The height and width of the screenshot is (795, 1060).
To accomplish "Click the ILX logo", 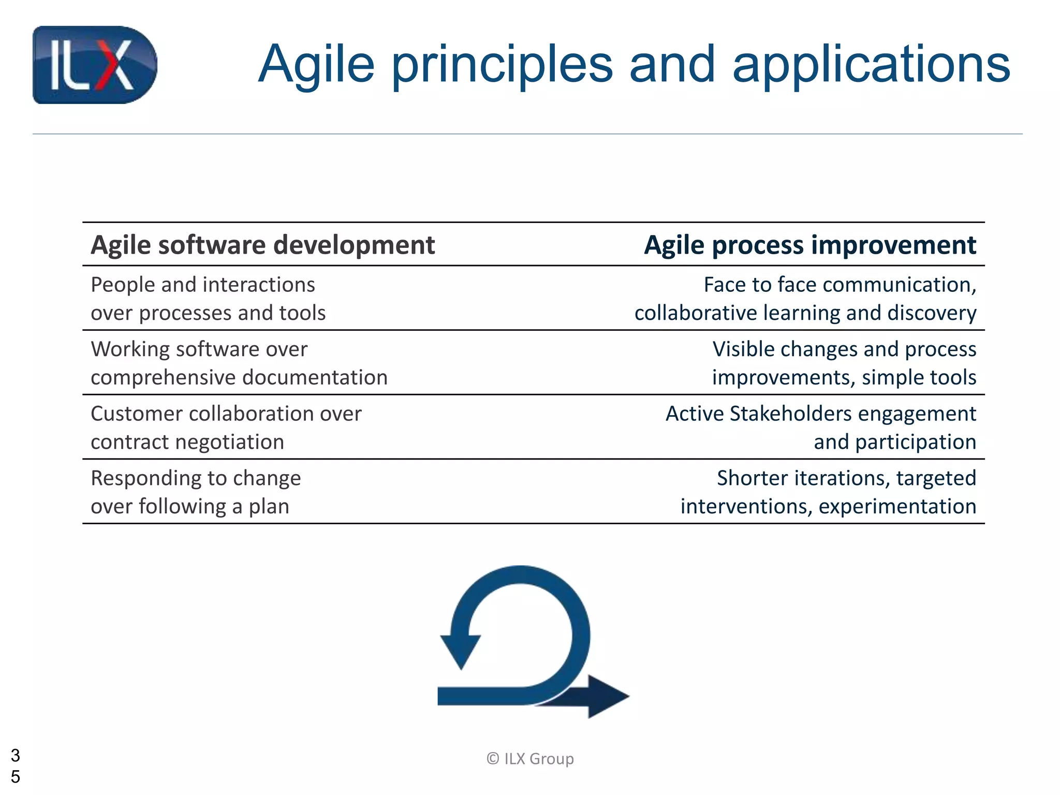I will [x=95, y=65].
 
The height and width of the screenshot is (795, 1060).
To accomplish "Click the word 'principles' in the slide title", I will [x=502, y=65].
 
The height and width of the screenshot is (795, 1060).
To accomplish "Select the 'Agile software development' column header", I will [x=262, y=245].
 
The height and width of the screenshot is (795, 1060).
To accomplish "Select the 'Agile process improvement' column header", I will [x=809, y=245].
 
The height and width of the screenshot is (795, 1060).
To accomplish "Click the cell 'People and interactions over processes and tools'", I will [x=208, y=299].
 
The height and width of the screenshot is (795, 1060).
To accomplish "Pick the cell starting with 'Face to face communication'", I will [x=805, y=299].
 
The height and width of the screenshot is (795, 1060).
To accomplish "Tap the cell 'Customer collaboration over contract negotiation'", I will [x=226, y=428].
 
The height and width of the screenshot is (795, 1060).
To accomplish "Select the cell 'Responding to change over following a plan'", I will [x=196, y=492].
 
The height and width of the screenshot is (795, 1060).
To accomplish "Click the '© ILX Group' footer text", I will [x=530, y=759].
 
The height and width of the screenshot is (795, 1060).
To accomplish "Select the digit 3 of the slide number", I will [x=16, y=756].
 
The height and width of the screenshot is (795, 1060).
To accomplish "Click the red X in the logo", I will [x=110, y=66].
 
